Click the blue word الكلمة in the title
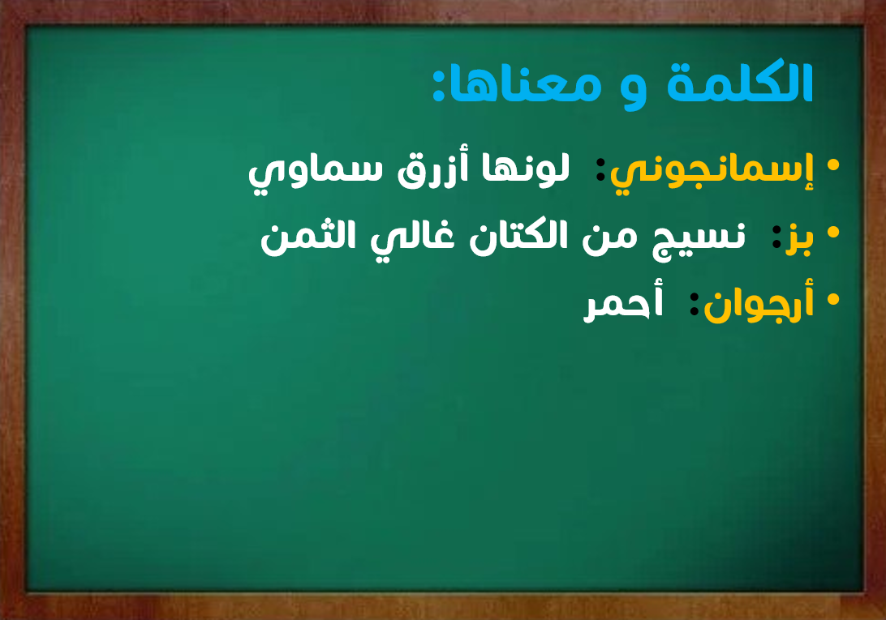[x=740, y=83]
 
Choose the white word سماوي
[x=316, y=172]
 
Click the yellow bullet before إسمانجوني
[x=832, y=165]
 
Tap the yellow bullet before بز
[x=832, y=232]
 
